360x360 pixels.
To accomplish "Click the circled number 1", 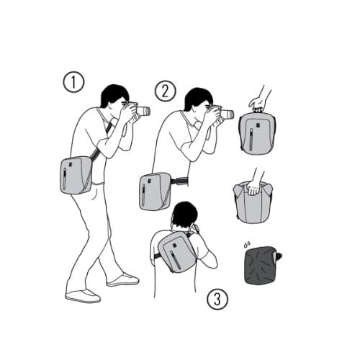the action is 73,82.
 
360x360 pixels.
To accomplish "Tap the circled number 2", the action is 165,91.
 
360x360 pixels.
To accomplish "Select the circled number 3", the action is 217,300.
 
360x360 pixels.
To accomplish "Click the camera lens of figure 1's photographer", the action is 143,111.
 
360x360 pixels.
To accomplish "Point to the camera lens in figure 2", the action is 227,114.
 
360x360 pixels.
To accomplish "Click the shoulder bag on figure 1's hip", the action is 76,175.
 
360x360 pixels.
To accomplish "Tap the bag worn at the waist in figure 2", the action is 155,192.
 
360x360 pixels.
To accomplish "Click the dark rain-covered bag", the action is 262,266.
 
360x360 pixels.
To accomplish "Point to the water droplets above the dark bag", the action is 247,244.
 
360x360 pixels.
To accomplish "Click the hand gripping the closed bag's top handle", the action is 258,103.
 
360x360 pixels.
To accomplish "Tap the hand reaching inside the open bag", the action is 254,188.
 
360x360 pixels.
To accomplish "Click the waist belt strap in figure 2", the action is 179,181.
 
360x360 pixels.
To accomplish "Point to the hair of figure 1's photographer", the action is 113,95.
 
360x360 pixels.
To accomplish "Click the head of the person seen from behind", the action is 185,215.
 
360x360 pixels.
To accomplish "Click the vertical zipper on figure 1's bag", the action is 65,179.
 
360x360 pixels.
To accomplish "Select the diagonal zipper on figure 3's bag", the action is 176,259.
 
